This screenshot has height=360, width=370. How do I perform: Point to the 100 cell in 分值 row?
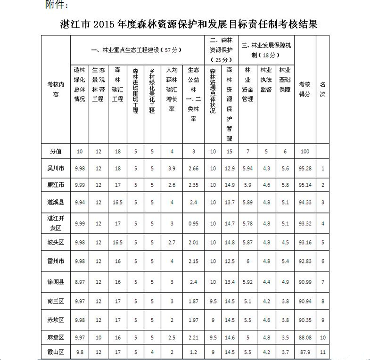tap(305, 151)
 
